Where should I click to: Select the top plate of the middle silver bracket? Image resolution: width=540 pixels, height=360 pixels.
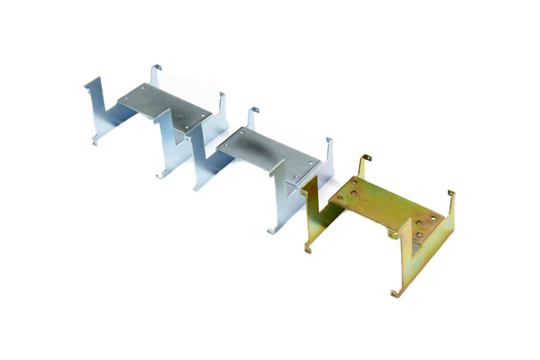click(x=265, y=151)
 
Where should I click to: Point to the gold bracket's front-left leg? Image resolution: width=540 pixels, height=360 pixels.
click(x=318, y=217)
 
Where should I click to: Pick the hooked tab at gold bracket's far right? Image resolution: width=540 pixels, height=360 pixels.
click(x=450, y=198)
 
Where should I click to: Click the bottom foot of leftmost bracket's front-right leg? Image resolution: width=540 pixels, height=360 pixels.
click(x=161, y=174)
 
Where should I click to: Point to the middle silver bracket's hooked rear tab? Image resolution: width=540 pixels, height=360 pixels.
click(x=253, y=117)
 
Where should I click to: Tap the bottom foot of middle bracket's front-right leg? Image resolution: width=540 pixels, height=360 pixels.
click(x=271, y=230)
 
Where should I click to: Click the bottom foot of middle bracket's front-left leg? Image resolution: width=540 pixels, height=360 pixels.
click(x=197, y=186)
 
